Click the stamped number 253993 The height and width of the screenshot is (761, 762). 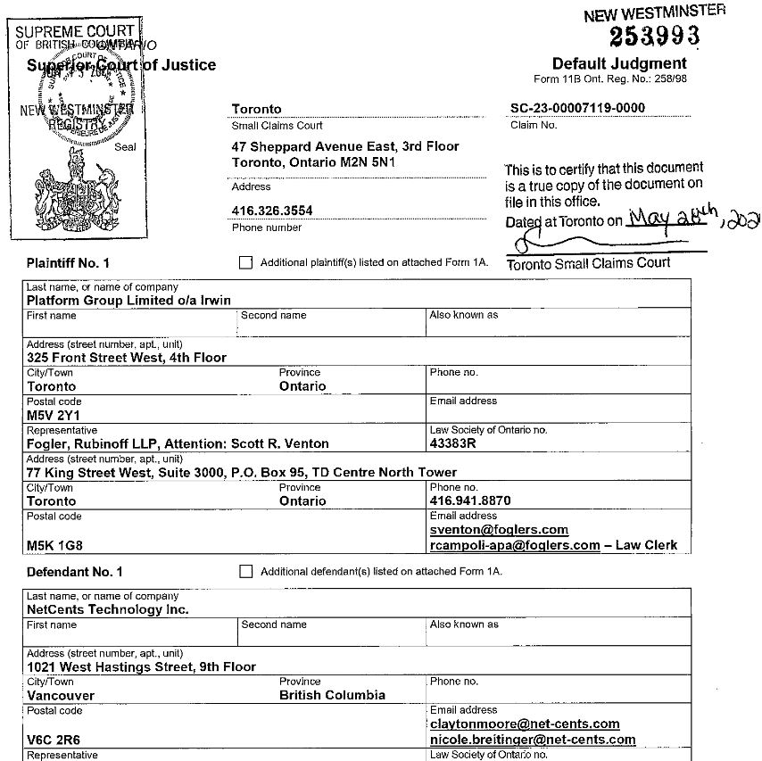point(654,36)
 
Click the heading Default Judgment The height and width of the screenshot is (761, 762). point(619,63)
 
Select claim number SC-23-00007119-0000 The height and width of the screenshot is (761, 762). point(577,109)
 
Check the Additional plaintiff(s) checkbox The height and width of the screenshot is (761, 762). point(246,263)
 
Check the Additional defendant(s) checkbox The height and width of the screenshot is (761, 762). point(246,572)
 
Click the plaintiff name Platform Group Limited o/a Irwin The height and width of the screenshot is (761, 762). point(128,301)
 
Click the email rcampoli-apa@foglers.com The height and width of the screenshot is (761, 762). point(515,545)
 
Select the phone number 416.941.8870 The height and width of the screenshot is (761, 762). point(470,501)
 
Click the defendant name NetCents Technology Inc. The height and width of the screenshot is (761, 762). point(107,609)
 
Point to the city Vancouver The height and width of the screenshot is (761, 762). point(61,695)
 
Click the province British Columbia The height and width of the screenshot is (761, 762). point(332,695)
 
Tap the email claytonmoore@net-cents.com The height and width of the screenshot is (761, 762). point(525,724)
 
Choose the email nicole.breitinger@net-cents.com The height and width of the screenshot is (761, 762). point(533,740)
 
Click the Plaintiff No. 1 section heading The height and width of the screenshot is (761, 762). point(68,263)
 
